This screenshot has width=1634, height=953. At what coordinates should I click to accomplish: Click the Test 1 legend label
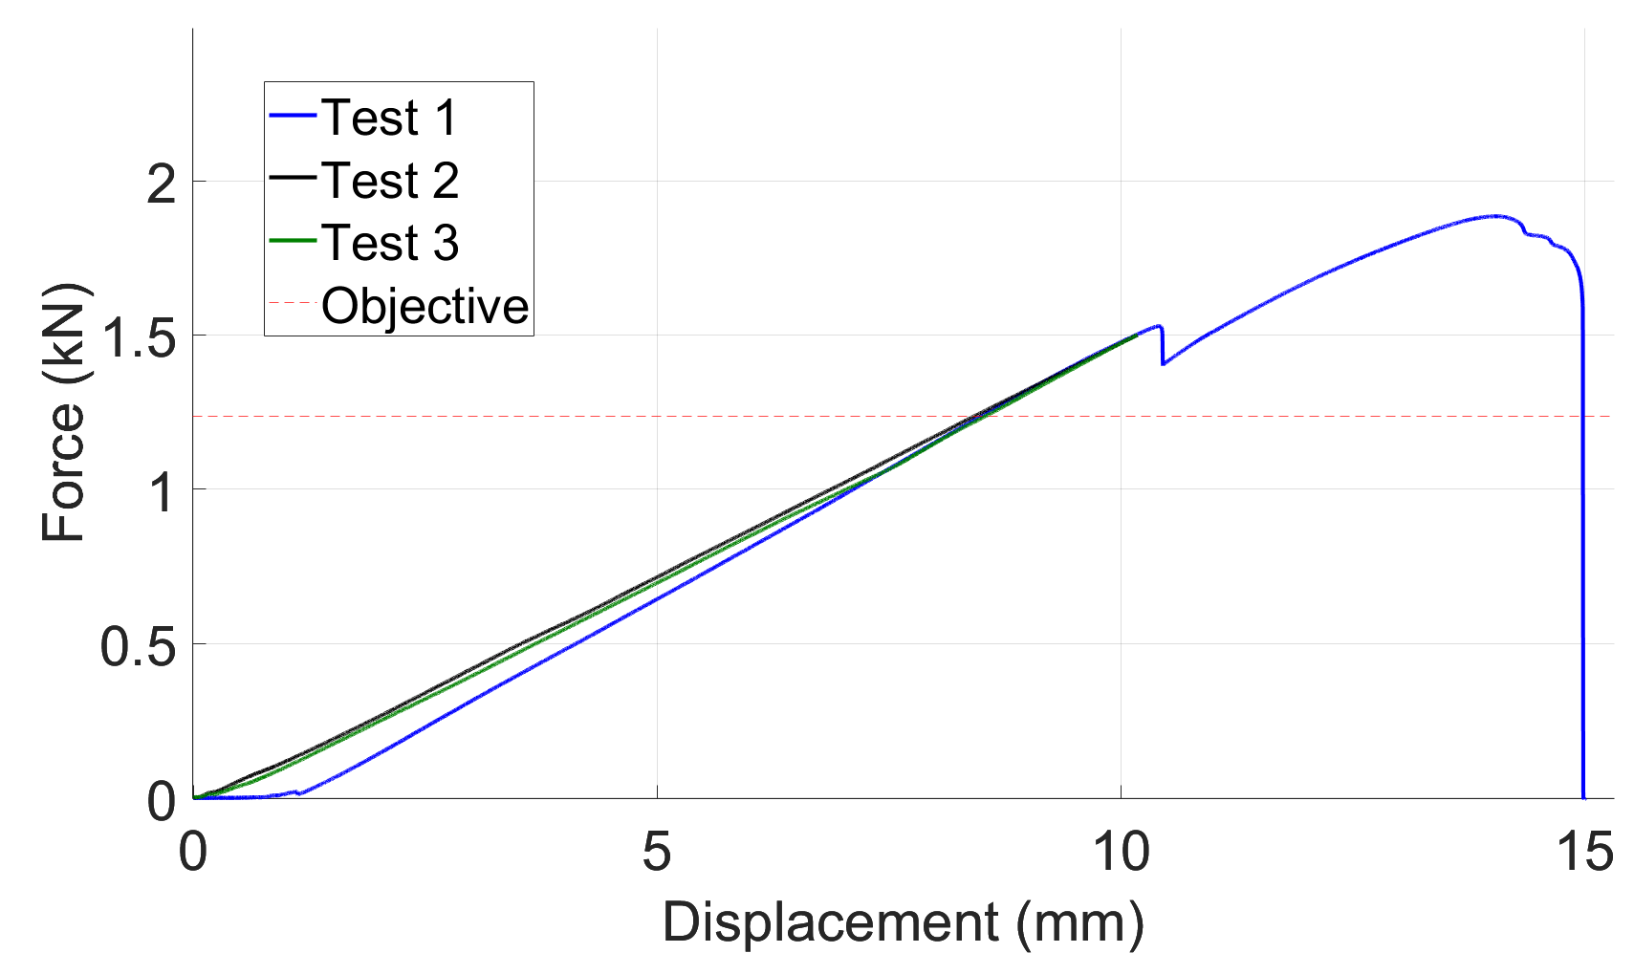click(x=389, y=118)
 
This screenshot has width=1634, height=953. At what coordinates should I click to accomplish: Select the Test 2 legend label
click(x=389, y=181)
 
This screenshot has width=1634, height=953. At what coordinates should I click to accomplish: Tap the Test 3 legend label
click(x=389, y=243)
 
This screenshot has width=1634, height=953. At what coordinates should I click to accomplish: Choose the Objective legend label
click(x=425, y=306)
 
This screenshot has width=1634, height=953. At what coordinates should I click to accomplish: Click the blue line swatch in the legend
click(x=293, y=117)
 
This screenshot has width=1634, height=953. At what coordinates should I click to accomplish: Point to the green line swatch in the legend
click(x=293, y=242)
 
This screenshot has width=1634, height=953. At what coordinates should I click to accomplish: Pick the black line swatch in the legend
click(x=293, y=179)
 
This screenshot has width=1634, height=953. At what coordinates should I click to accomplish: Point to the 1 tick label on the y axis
click(x=162, y=492)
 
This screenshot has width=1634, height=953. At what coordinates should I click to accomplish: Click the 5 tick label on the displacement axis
click(x=656, y=851)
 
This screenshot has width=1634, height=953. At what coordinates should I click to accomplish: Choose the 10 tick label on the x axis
click(x=1120, y=851)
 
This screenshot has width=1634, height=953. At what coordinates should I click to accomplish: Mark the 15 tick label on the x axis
click(x=1584, y=851)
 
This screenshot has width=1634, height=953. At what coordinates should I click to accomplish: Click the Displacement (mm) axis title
click(x=903, y=922)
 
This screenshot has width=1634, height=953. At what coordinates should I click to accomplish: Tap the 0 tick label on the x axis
click(x=193, y=851)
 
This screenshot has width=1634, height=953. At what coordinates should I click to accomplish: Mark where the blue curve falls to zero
click(x=1583, y=797)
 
